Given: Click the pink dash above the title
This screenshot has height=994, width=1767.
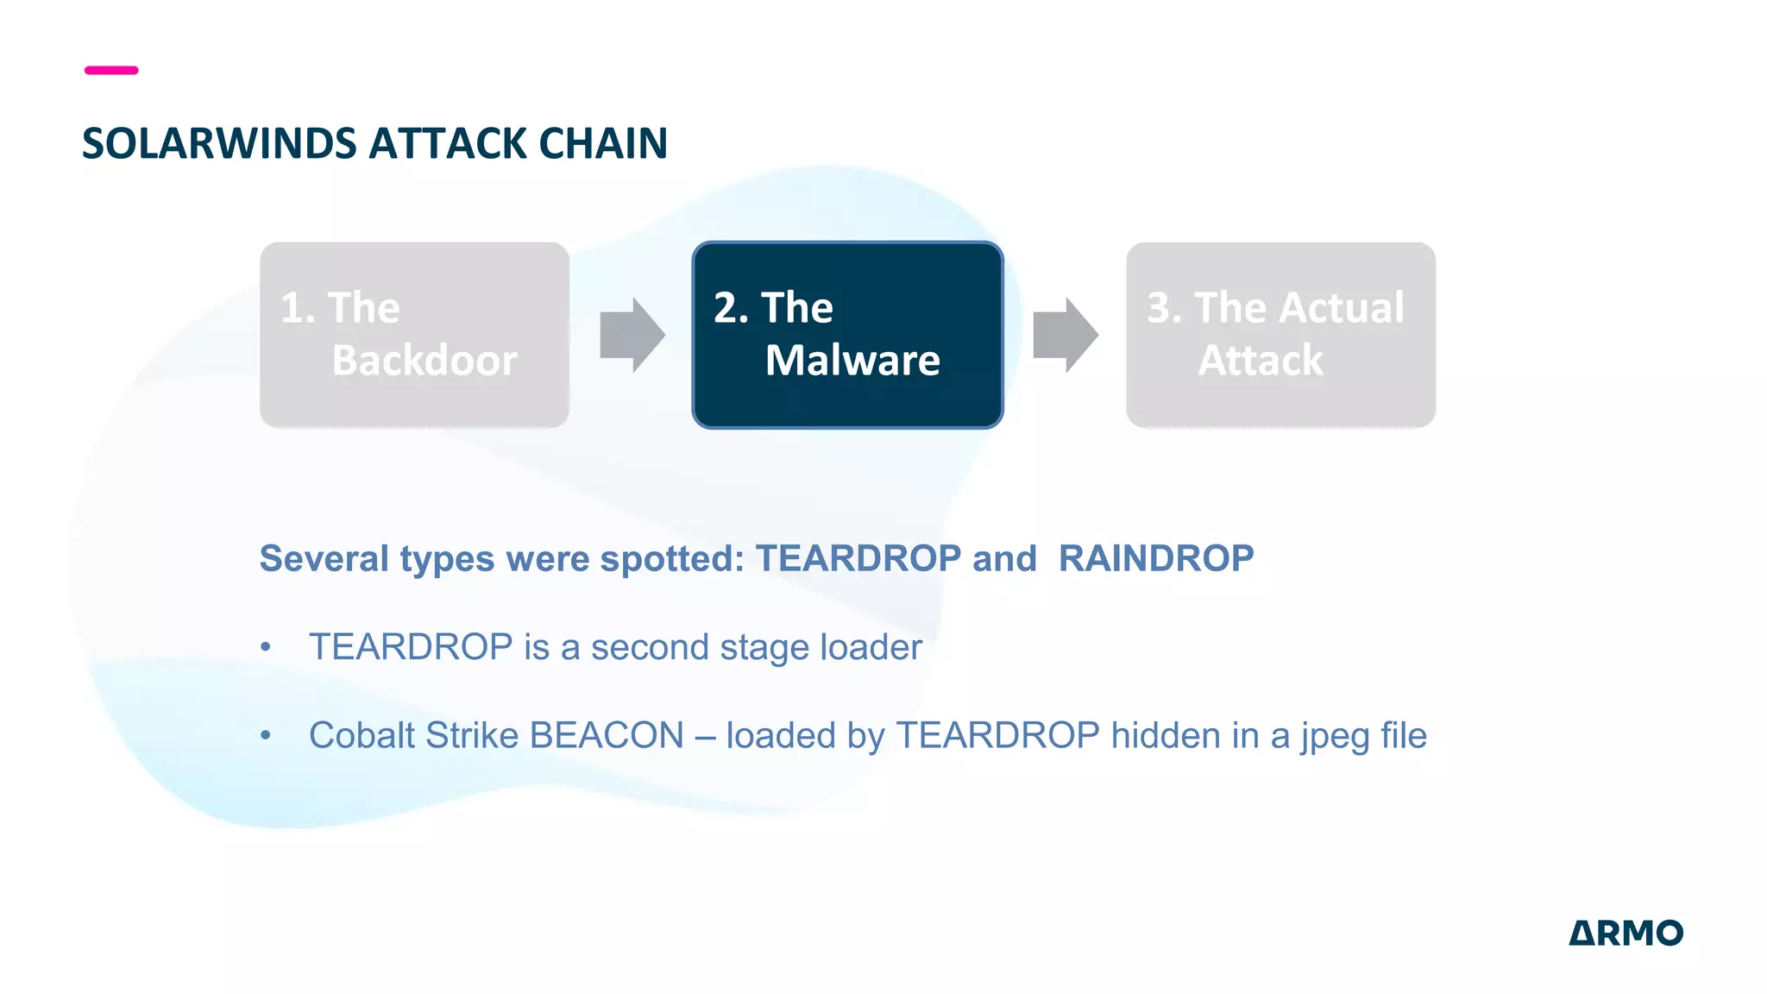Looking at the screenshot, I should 111,70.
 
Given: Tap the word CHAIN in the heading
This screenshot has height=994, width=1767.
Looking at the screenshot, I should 603,143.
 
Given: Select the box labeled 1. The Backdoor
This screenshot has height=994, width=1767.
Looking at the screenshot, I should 414,335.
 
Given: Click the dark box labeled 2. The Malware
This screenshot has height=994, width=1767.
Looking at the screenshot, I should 847,335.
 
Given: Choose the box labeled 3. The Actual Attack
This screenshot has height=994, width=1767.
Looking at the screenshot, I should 1280,335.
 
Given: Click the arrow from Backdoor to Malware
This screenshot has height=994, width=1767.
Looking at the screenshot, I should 632,335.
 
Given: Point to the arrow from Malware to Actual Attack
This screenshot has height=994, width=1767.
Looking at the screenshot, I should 1066,335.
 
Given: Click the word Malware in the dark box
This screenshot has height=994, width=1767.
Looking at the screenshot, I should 852,360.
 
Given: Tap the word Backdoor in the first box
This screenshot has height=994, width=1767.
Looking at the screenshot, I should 424,360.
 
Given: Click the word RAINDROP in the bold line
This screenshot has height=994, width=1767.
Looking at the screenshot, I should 1156,558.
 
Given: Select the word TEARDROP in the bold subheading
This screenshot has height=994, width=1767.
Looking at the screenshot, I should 858,558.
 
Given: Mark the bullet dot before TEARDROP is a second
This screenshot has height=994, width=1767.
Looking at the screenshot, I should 266,647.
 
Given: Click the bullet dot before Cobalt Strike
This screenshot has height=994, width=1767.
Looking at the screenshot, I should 266,735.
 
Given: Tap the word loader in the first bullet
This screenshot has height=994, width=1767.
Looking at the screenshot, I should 871,647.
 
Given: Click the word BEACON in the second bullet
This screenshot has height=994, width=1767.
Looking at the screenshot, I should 607,735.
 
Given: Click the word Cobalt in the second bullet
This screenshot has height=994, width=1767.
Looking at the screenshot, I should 362,735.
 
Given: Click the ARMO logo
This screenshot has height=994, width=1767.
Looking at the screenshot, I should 1626,933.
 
